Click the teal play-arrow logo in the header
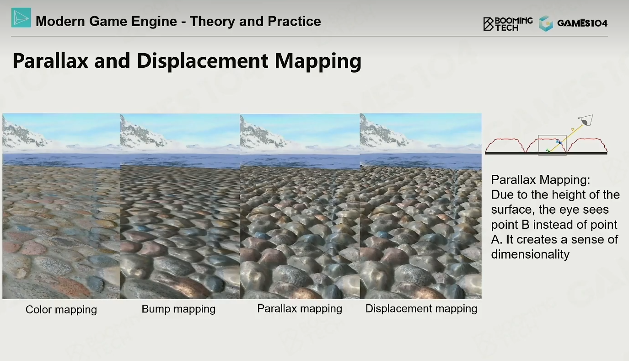coord(21,18)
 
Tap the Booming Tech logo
coord(508,24)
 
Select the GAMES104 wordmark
coord(582,23)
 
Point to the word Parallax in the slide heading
coord(50,61)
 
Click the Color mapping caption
coord(61,310)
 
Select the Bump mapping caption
coord(178,309)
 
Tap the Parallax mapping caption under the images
coord(300,309)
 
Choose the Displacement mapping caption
coord(421,309)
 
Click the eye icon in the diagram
coord(586,120)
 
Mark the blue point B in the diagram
coord(560,143)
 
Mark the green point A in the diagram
coord(549,152)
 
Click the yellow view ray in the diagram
coord(566,139)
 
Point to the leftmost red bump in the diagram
coord(505,145)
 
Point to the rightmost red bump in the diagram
coord(587,145)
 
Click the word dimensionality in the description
coord(530,254)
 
